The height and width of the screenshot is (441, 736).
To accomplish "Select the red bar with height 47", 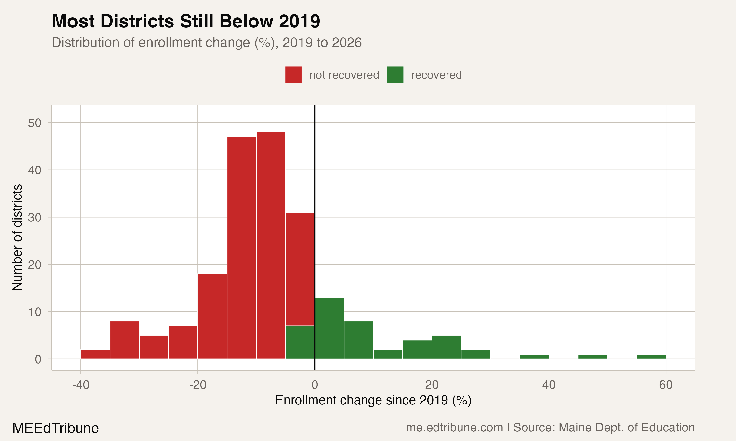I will (242, 248).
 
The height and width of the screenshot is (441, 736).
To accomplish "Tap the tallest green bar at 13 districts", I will (329, 328).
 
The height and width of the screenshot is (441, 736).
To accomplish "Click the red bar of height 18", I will (212, 316).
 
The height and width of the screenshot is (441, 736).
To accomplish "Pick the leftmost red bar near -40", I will (95, 354).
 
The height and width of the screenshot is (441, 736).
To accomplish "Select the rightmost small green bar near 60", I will (651, 357).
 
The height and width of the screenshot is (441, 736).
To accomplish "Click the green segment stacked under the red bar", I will (300, 342).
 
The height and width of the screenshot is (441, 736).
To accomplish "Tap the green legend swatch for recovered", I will (395, 74).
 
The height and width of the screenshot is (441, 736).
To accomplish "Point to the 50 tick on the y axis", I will (35, 123).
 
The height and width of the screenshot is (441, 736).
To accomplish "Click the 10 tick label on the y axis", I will (35, 312).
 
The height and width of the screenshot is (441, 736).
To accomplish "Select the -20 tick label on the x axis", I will (197, 385).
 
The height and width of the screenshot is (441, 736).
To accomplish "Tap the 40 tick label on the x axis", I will (549, 385).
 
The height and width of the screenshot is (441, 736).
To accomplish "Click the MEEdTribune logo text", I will (55, 428).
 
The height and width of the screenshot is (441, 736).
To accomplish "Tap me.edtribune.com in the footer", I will (454, 428).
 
